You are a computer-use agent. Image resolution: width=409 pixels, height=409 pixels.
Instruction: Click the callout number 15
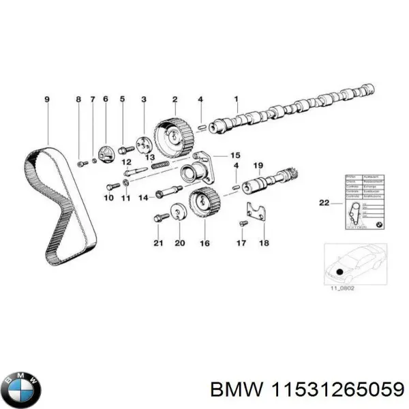click(235, 155)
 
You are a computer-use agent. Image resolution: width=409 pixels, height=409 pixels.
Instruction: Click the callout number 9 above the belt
click(47, 100)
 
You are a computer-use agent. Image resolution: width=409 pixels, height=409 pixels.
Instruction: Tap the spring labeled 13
click(159, 164)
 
